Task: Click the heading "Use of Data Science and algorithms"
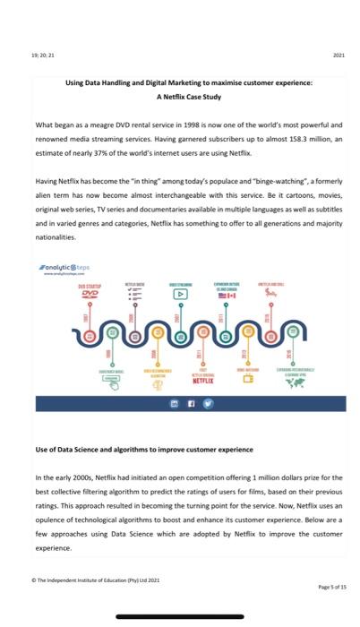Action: point(144,449)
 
